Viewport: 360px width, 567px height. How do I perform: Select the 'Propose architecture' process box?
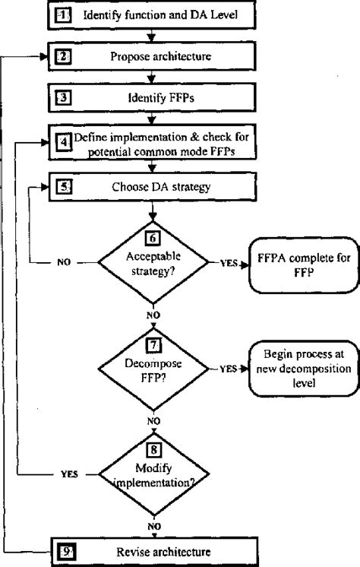point(152,56)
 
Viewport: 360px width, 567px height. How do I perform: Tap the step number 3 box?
point(64,98)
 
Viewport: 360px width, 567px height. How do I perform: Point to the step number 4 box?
point(64,140)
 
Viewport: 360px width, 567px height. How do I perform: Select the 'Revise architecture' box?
point(152,550)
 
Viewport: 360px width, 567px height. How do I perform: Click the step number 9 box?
point(64,550)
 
